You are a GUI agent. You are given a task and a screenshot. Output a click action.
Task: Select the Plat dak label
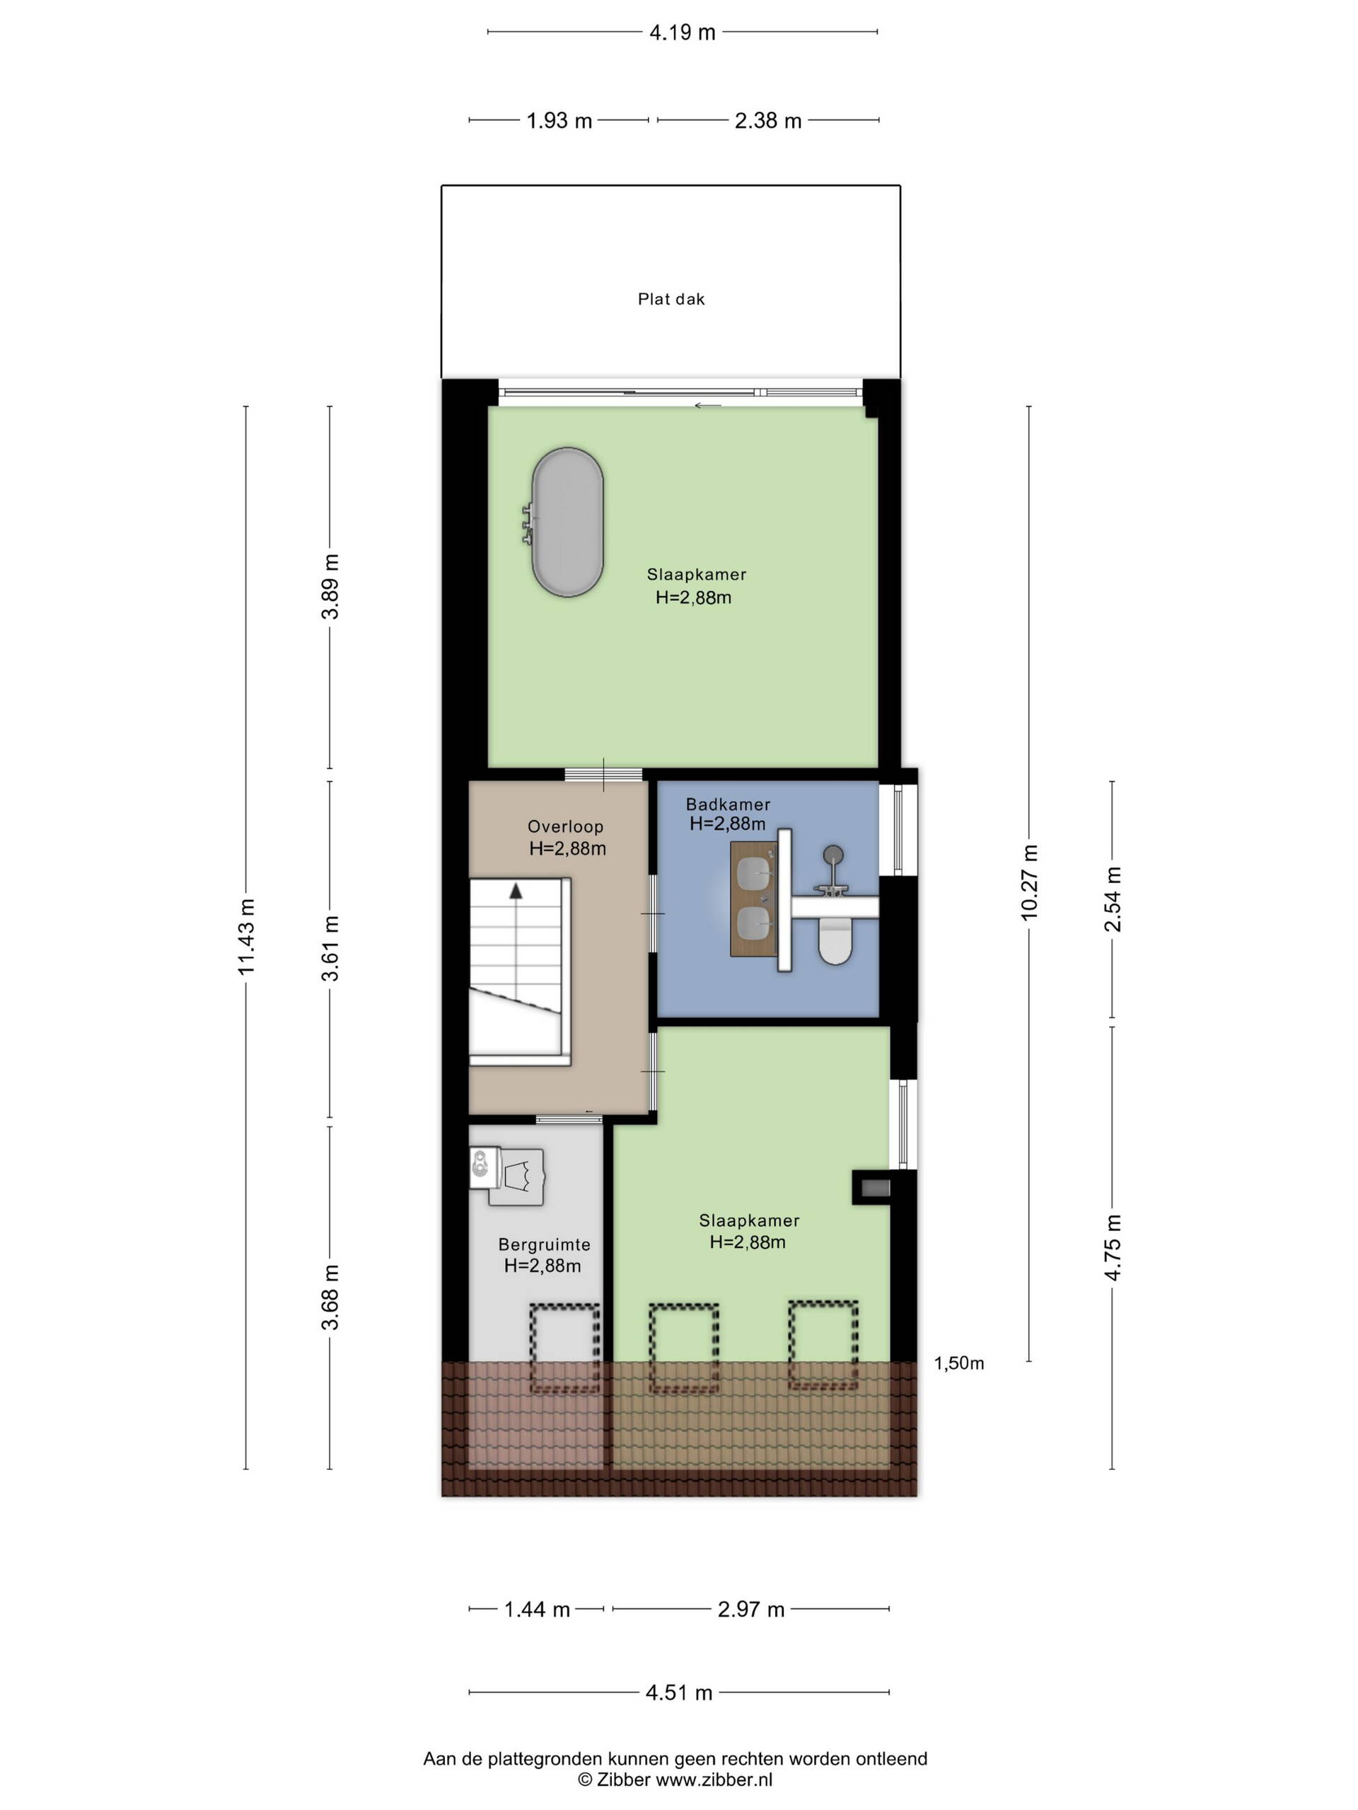[x=671, y=300]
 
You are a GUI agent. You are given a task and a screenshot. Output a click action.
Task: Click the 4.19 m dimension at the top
[x=682, y=33]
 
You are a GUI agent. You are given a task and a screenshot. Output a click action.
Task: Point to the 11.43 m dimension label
[x=246, y=936]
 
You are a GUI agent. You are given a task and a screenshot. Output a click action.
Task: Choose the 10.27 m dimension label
[x=1029, y=882]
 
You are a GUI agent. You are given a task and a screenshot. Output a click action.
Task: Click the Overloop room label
[x=565, y=827]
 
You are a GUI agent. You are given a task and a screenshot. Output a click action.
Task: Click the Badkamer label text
[x=728, y=805]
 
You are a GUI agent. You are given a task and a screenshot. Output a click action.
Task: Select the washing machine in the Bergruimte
[x=509, y=1176]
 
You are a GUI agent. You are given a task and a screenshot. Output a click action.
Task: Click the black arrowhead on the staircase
[x=516, y=891]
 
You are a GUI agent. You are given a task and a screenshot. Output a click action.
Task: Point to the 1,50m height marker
[x=958, y=1363]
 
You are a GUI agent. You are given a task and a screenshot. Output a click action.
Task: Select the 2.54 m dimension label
[x=1113, y=899]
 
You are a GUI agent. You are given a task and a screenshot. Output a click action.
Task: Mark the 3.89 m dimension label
[x=330, y=587]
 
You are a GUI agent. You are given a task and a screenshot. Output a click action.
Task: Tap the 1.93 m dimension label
[x=559, y=121]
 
